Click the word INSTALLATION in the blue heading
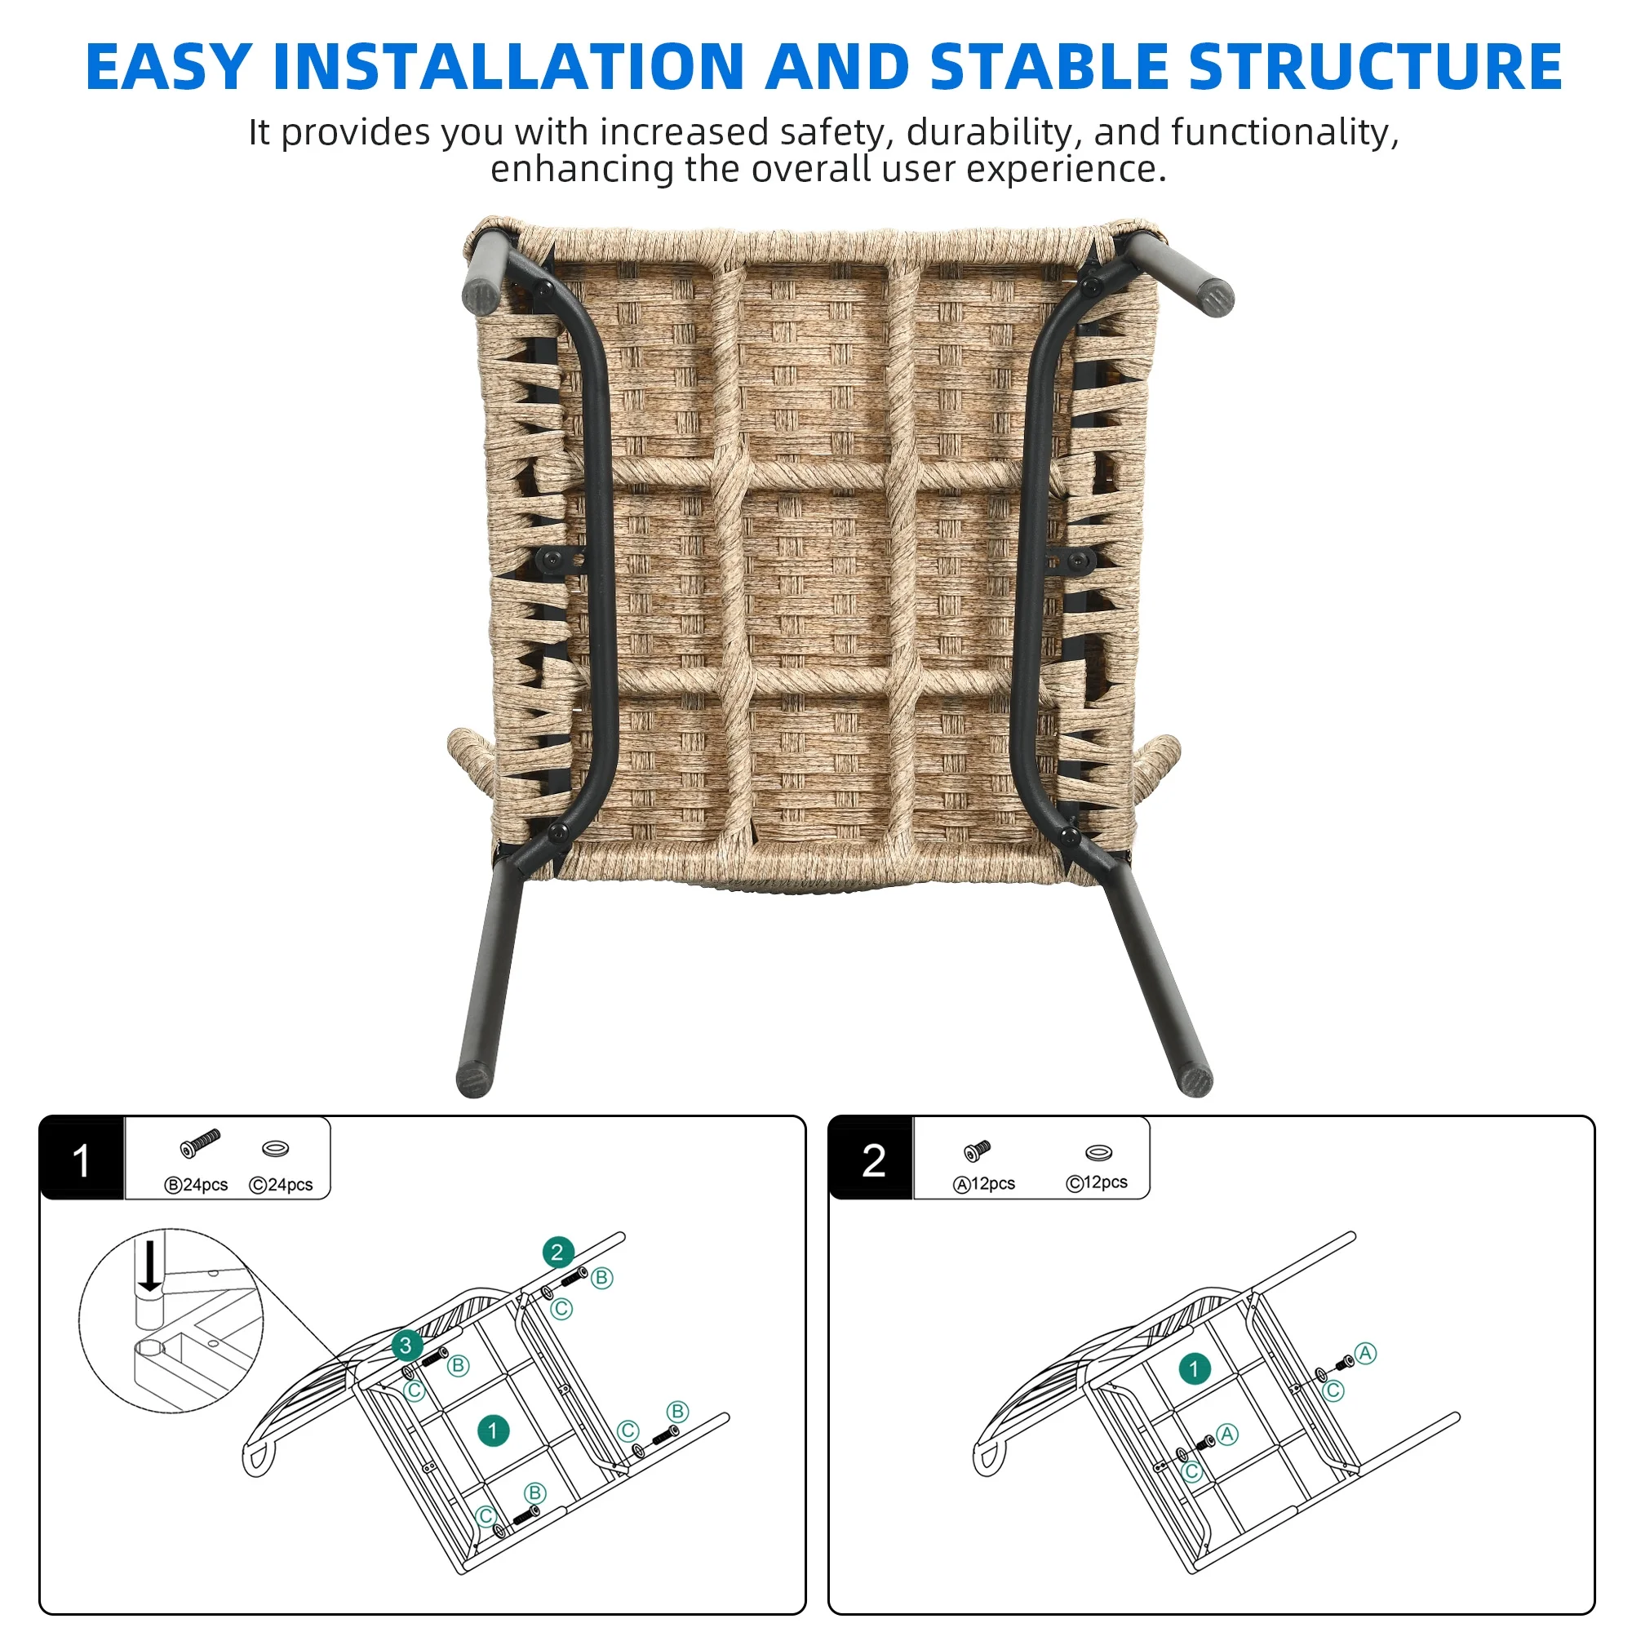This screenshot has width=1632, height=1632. [x=508, y=67]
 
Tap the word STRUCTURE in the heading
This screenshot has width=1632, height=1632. [x=1374, y=67]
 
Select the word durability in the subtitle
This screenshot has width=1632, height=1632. [x=993, y=133]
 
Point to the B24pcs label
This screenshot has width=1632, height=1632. [x=196, y=1185]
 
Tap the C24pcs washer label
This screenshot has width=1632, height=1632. [x=282, y=1185]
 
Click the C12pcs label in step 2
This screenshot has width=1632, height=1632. [x=1097, y=1182]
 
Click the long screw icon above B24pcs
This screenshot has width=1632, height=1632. [x=200, y=1144]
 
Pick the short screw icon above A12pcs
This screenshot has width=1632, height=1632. [x=978, y=1151]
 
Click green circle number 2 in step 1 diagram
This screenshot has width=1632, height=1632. [x=557, y=1252]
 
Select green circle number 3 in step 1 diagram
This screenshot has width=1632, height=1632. [x=406, y=1345]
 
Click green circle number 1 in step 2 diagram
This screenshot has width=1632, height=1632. [x=1194, y=1368]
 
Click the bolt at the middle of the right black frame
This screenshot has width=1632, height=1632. [x=1079, y=560]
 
